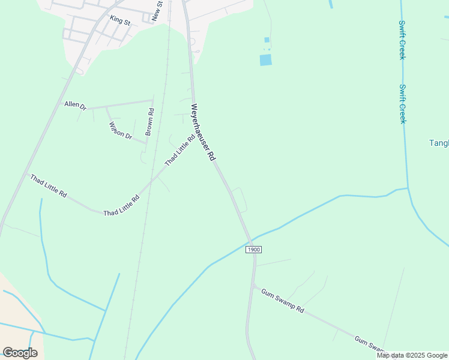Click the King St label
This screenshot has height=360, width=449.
pos(120,20)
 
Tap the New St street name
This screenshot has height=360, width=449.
pos(157,11)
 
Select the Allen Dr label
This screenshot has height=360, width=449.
pos(76,105)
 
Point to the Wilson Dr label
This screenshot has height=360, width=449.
pos(121,130)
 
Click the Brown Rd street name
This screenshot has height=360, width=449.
pos(150,121)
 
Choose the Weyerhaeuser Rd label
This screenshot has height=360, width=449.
pos(203,132)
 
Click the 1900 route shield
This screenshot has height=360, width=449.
pos(254,249)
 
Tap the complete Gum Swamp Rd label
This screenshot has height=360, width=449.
pos(283,301)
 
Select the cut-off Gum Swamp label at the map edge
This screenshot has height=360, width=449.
pos(369,344)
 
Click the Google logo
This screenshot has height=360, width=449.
pos(20,353)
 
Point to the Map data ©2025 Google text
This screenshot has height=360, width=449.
pos(411,355)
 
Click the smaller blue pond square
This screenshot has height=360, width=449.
pos(267,40)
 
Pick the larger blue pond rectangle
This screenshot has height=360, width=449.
pos(265,59)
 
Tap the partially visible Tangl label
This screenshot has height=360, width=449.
pos(439,143)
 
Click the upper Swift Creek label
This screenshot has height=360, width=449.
pos(402,40)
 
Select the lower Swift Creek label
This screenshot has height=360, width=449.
pos(403,103)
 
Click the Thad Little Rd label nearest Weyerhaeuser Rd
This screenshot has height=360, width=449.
pos(180,150)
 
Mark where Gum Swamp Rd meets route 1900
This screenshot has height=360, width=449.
pos(253,286)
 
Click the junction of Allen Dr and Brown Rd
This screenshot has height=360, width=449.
pos(153,100)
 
